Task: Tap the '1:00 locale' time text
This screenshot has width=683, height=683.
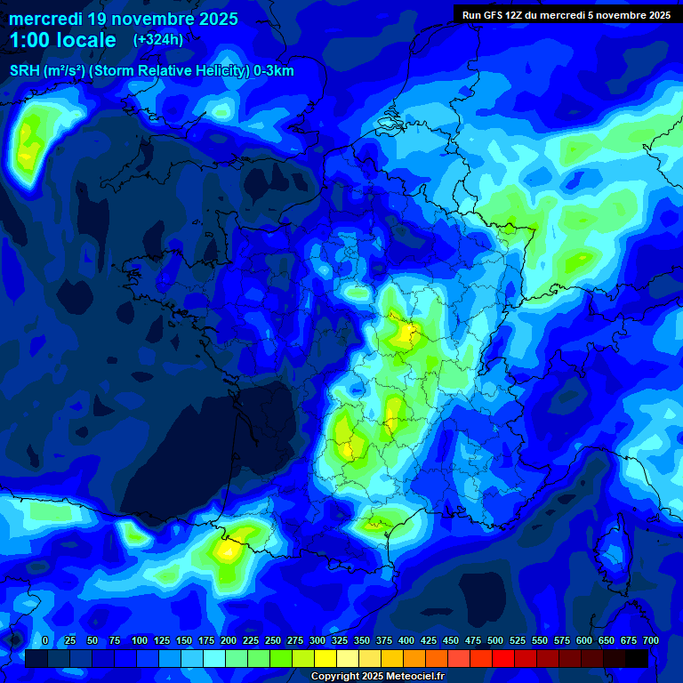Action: point(62,40)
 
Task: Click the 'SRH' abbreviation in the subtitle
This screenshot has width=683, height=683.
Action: point(25,71)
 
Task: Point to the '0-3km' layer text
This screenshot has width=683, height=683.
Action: point(274,71)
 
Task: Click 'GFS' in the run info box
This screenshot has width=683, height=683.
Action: point(494,15)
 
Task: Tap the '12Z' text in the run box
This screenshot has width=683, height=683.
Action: point(518,15)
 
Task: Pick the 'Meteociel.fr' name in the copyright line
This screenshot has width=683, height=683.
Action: point(410,677)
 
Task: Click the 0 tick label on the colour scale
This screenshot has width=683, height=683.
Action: point(45,640)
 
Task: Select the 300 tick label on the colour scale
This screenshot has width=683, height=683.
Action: point(317,640)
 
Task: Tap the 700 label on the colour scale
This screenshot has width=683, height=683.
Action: point(650,640)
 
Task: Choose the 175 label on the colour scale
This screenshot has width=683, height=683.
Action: point(206,640)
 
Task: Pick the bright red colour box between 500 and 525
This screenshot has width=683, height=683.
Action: point(503,658)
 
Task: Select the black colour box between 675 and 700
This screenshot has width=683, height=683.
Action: point(637,658)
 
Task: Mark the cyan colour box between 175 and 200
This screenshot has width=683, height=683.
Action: point(214,658)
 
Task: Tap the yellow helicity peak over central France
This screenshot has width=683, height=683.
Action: point(408,333)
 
